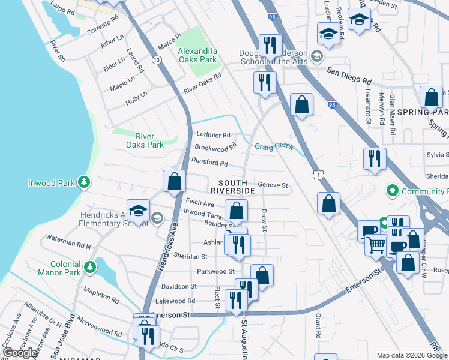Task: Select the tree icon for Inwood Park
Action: (85, 181)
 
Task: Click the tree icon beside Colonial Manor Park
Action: (90, 266)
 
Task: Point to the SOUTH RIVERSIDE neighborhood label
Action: (237, 186)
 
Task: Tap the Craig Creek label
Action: (274, 146)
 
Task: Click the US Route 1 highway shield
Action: (318, 173)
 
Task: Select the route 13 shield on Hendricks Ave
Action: (157, 60)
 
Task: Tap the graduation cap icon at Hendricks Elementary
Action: (138, 211)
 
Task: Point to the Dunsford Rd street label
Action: (209, 163)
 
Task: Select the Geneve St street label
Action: (273, 185)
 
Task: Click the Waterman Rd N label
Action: (67, 246)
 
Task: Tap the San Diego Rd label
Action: (349, 76)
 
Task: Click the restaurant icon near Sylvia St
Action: (375, 159)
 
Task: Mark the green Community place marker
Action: (392, 191)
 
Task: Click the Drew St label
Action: (263, 220)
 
